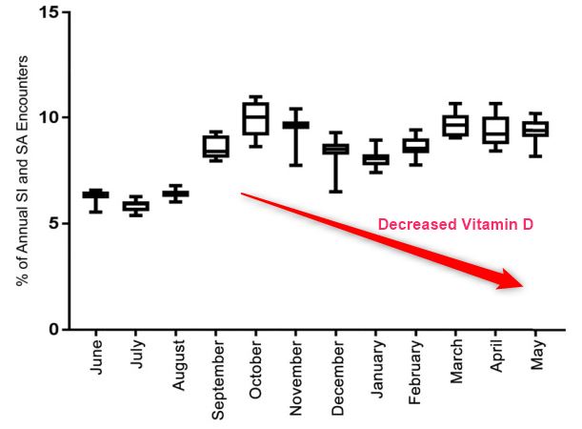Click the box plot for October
click(x=255, y=118)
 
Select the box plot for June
click(x=94, y=194)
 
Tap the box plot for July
click(x=135, y=206)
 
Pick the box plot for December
click(x=335, y=149)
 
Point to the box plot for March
click(x=455, y=126)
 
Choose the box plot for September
click(x=215, y=146)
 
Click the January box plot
click(x=376, y=159)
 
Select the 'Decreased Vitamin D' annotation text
click(x=455, y=225)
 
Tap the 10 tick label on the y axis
click(x=50, y=118)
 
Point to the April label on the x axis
click(x=496, y=361)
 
